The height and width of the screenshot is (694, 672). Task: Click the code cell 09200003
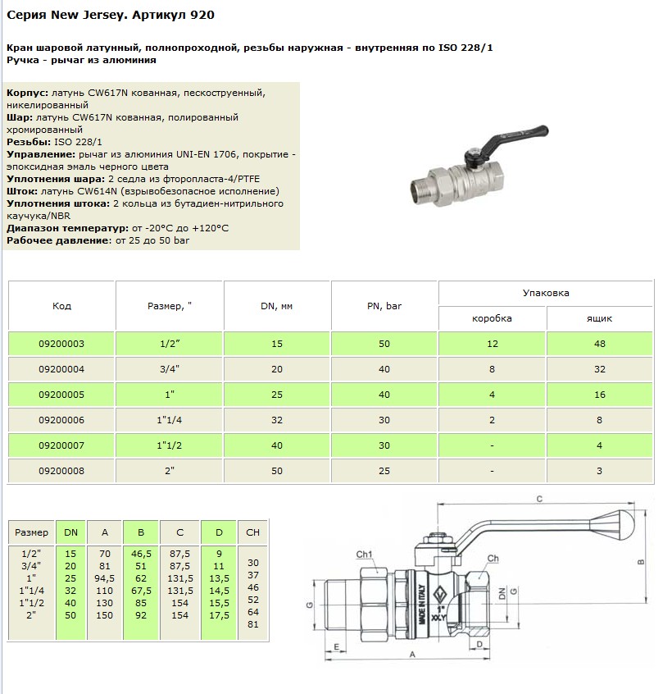point(62,344)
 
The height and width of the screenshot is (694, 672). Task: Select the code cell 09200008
point(62,471)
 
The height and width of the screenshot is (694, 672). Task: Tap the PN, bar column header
point(384,306)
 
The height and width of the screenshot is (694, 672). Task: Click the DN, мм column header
point(276,306)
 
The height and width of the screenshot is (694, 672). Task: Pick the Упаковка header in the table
point(546,293)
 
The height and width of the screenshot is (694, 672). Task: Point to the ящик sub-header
point(600,318)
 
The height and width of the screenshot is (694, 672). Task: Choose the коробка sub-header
point(493,318)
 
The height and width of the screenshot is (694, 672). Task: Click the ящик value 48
point(600,344)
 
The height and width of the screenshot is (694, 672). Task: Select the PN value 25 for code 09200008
point(384,471)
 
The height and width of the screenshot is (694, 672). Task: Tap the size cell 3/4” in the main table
point(169,369)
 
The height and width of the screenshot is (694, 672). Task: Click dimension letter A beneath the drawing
point(411,655)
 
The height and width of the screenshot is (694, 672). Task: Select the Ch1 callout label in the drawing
point(366,554)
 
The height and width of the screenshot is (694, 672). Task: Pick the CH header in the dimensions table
point(252,532)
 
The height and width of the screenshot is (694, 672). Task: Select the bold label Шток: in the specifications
point(21,191)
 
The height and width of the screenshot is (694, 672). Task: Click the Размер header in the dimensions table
point(32,532)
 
